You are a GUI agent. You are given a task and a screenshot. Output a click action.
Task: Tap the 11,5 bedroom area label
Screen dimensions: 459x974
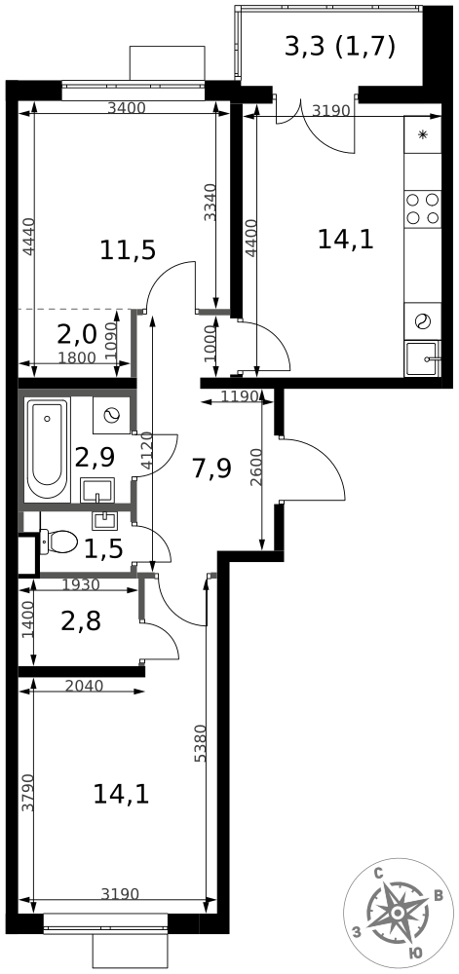click(x=128, y=250)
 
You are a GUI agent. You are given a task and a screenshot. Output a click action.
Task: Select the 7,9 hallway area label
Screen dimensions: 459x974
click(x=211, y=468)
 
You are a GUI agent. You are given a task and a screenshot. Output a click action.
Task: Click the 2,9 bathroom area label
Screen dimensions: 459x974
click(x=96, y=458)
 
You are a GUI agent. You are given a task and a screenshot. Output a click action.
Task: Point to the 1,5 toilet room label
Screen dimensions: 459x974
click(x=102, y=547)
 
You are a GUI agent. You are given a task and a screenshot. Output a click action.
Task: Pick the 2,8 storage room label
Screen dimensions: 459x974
click(x=81, y=620)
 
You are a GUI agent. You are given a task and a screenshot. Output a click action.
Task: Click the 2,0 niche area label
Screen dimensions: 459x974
click(x=77, y=335)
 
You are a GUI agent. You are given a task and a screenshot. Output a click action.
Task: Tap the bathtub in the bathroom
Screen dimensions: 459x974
click(x=48, y=450)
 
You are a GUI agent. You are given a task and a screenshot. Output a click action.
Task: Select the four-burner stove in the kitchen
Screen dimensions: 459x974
click(x=422, y=208)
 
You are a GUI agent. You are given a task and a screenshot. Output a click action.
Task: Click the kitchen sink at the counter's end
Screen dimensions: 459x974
click(x=422, y=358)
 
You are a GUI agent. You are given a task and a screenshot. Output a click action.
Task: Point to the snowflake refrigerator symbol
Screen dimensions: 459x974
click(x=423, y=134)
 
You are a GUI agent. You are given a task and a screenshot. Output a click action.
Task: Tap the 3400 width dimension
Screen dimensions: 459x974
click(x=126, y=108)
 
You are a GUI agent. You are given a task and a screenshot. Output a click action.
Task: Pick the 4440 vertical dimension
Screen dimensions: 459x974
click(x=26, y=238)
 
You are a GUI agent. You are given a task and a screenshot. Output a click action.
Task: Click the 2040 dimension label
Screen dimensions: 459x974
click(x=84, y=686)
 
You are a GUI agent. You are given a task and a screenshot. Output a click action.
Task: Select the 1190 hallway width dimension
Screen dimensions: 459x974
click(x=239, y=395)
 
